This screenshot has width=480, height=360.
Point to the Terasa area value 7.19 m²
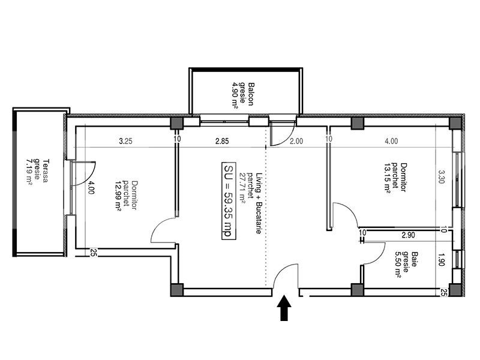tap(29, 170)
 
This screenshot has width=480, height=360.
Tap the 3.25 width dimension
tap(125, 142)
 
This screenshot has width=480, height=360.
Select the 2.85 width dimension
tap(223, 142)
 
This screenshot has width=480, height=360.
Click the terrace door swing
tap(85, 171)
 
